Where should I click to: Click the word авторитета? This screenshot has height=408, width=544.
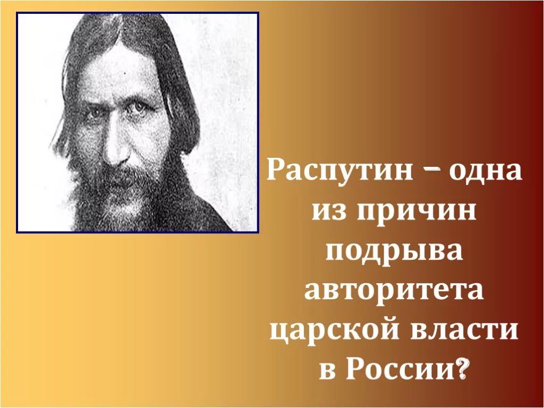(394, 291)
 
